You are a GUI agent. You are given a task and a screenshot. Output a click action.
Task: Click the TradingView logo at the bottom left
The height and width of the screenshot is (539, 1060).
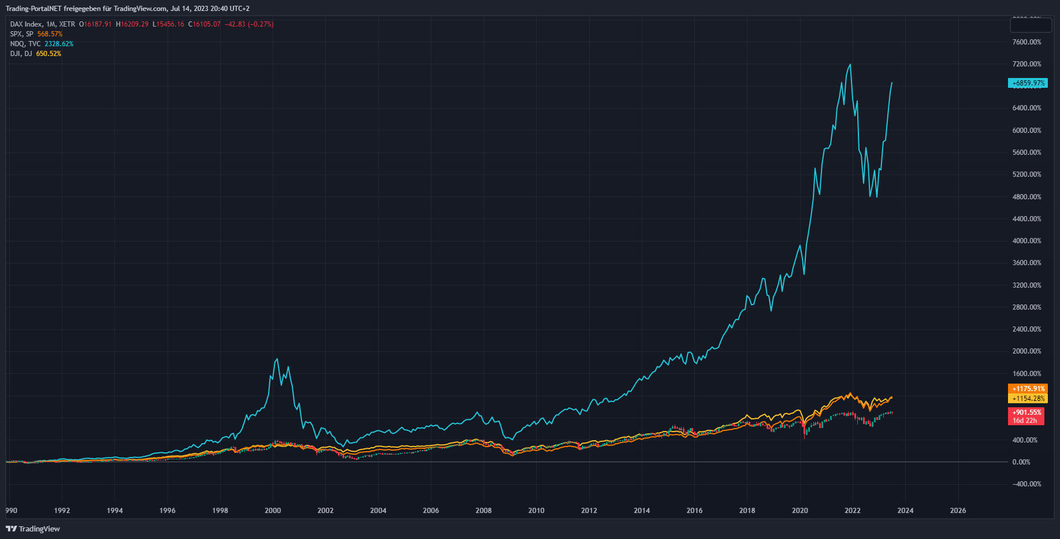(33, 529)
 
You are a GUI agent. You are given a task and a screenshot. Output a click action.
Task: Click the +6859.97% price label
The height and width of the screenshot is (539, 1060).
(1028, 83)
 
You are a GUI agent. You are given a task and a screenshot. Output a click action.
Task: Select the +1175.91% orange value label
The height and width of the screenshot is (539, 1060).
(1028, 389)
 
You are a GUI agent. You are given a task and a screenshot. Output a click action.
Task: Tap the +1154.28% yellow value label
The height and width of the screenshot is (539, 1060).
(1028, 399)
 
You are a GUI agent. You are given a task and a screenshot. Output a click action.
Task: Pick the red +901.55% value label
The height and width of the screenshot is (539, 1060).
(1026, 412)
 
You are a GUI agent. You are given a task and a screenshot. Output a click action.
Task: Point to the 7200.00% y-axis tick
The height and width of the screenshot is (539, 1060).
(1026, 64)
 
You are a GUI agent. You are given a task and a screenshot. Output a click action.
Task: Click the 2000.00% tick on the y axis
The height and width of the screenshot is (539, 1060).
(1026, 351)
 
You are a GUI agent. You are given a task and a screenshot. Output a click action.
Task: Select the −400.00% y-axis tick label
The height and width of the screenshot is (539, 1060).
(1026, 484)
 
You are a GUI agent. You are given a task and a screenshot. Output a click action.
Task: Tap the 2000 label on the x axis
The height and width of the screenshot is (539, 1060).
(273, 511)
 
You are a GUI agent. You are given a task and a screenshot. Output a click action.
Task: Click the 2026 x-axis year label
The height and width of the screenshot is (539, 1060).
(958, 511)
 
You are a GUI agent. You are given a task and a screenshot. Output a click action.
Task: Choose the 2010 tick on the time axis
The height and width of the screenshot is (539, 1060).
(536, 511)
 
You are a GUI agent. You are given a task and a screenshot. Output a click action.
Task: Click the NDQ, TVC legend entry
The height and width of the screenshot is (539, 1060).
(25, 44)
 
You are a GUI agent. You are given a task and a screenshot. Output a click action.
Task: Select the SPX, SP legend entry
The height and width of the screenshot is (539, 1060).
(22, 34)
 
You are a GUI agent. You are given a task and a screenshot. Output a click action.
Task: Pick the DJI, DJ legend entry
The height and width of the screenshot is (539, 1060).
(21, 54)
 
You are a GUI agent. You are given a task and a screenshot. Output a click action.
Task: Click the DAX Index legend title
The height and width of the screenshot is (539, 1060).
(26, 24)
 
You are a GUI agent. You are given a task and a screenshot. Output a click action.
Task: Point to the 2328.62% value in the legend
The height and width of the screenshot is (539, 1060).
(59, 44)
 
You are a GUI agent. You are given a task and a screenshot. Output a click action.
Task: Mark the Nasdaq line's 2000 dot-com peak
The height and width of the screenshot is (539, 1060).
(277, 359)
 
